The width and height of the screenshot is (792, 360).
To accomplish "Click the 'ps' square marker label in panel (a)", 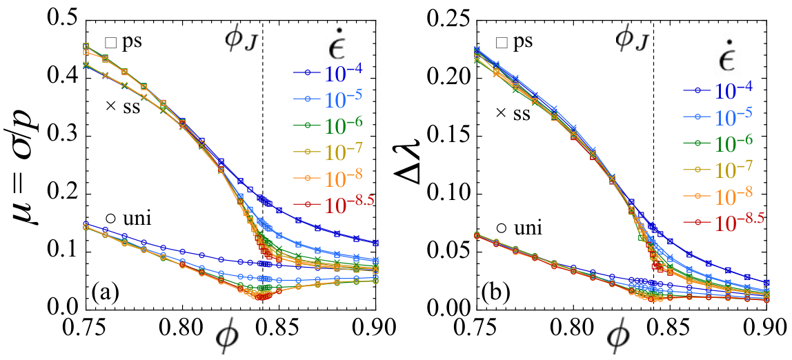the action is tap(123, 41).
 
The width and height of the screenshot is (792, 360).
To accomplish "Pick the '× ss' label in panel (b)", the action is tap(513, 113).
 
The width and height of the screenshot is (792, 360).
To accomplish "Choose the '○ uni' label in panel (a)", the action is tap(129, 219).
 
